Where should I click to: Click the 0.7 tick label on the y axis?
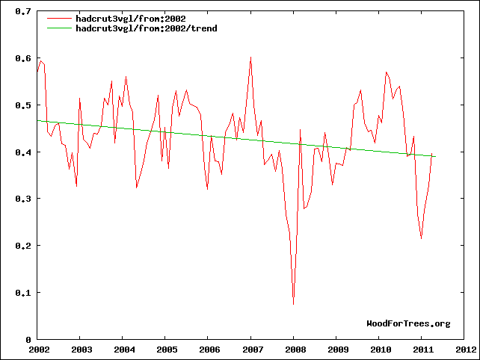coord(23,12)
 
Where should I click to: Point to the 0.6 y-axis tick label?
coord(23,59)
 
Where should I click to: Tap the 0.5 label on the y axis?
coord(23,105)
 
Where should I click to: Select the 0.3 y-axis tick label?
coord(23,199)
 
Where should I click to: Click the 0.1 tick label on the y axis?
coord(23,292)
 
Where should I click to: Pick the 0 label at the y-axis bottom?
coord(28,339)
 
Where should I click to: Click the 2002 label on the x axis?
coord(38,349)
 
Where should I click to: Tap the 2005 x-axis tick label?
coord(166,349)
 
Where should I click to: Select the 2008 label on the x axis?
coord(295,349)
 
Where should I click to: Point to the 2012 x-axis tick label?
coord(466,349)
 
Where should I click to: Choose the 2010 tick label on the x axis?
coord(381,349)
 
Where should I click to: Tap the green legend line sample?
coord(59,28)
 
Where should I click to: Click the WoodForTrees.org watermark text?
coord(408,323)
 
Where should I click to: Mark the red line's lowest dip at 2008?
coord(293,304)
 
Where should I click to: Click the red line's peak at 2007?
coord(250,57)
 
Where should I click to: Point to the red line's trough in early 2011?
coord(422,238)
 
